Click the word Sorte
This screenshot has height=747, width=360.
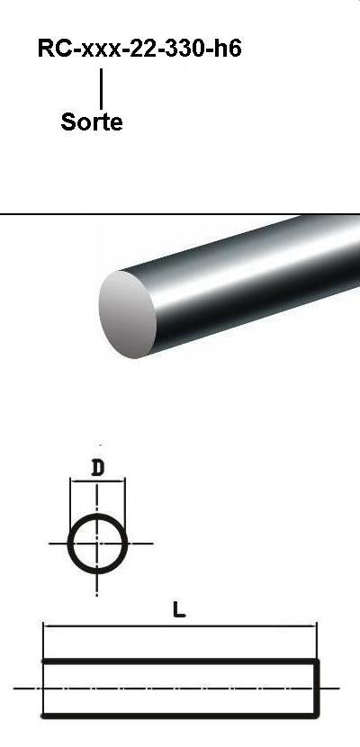tap(92, 122)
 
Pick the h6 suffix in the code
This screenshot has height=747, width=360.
tap(228, 48)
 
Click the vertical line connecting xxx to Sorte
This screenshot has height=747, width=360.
tap(101, 88)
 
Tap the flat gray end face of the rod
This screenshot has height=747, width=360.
tap(128, 314)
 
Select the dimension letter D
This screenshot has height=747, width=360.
tap(97, 469)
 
